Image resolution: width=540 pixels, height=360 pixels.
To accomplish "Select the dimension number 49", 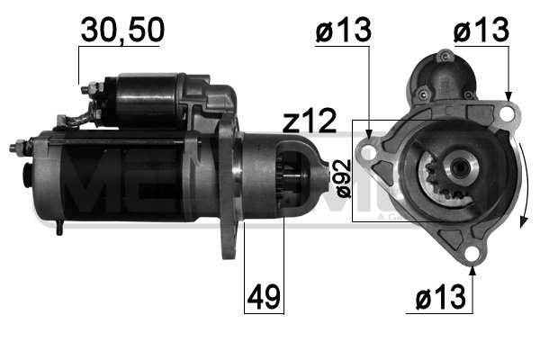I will tap(264, 296).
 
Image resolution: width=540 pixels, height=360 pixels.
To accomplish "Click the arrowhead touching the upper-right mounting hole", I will tap(508, 96).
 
